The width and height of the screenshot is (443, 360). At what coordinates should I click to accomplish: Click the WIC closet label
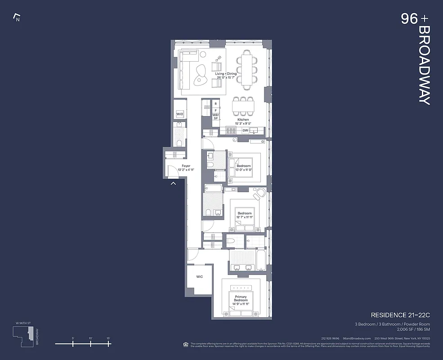(x=199, y=277)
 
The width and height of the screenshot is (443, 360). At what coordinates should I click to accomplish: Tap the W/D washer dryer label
(x=179, y=114)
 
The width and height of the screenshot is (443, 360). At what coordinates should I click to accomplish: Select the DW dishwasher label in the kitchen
(x=245, y=130)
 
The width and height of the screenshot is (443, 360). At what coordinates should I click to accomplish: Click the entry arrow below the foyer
(x=173, y=183)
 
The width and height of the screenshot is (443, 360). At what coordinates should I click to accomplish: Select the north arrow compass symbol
(x=17, y=18)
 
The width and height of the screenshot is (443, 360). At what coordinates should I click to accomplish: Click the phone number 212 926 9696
(x=330, y=338)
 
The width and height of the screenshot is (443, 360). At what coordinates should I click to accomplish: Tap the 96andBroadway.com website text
(x=357, y=338)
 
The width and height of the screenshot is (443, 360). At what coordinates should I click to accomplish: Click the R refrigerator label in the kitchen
(x=215, y=104)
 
